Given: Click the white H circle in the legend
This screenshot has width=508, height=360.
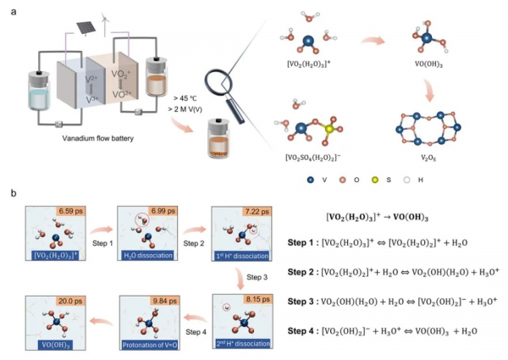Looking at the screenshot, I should click(x=435, y=180).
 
